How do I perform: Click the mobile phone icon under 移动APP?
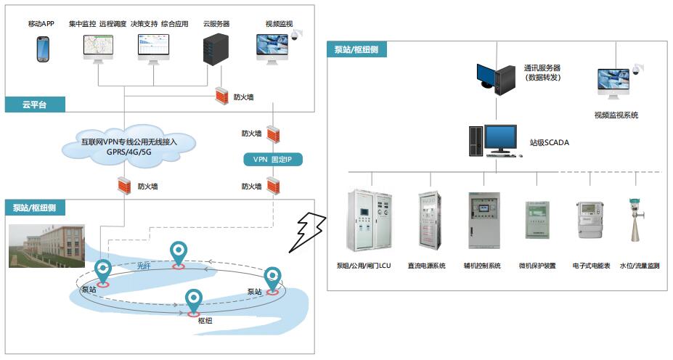tap(43, 49)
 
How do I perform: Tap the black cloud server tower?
tap(215, 49)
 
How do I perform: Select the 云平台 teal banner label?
tap(35, 105)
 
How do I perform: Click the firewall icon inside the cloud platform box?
tap(221, 96)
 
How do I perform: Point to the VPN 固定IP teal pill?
tap(273, 160)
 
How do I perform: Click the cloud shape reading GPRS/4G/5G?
tap(129, 147)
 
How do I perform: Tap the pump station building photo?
tap(46, 246)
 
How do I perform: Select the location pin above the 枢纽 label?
tap(194, 303)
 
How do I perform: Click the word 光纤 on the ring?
tap(144, 266)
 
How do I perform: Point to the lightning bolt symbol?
tap(308, 232)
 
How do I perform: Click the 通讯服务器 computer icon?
tap(496, 78)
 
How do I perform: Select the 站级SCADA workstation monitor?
tap(499, 139)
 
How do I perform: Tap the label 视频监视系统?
tap(616, 115)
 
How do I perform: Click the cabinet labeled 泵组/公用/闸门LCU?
tap(370, 220)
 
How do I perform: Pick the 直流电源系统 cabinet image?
tap(430, 221)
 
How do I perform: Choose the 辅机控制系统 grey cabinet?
tap(484, 221)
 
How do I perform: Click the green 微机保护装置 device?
tap(537, 220)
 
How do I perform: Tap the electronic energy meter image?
tap(591, 220)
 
